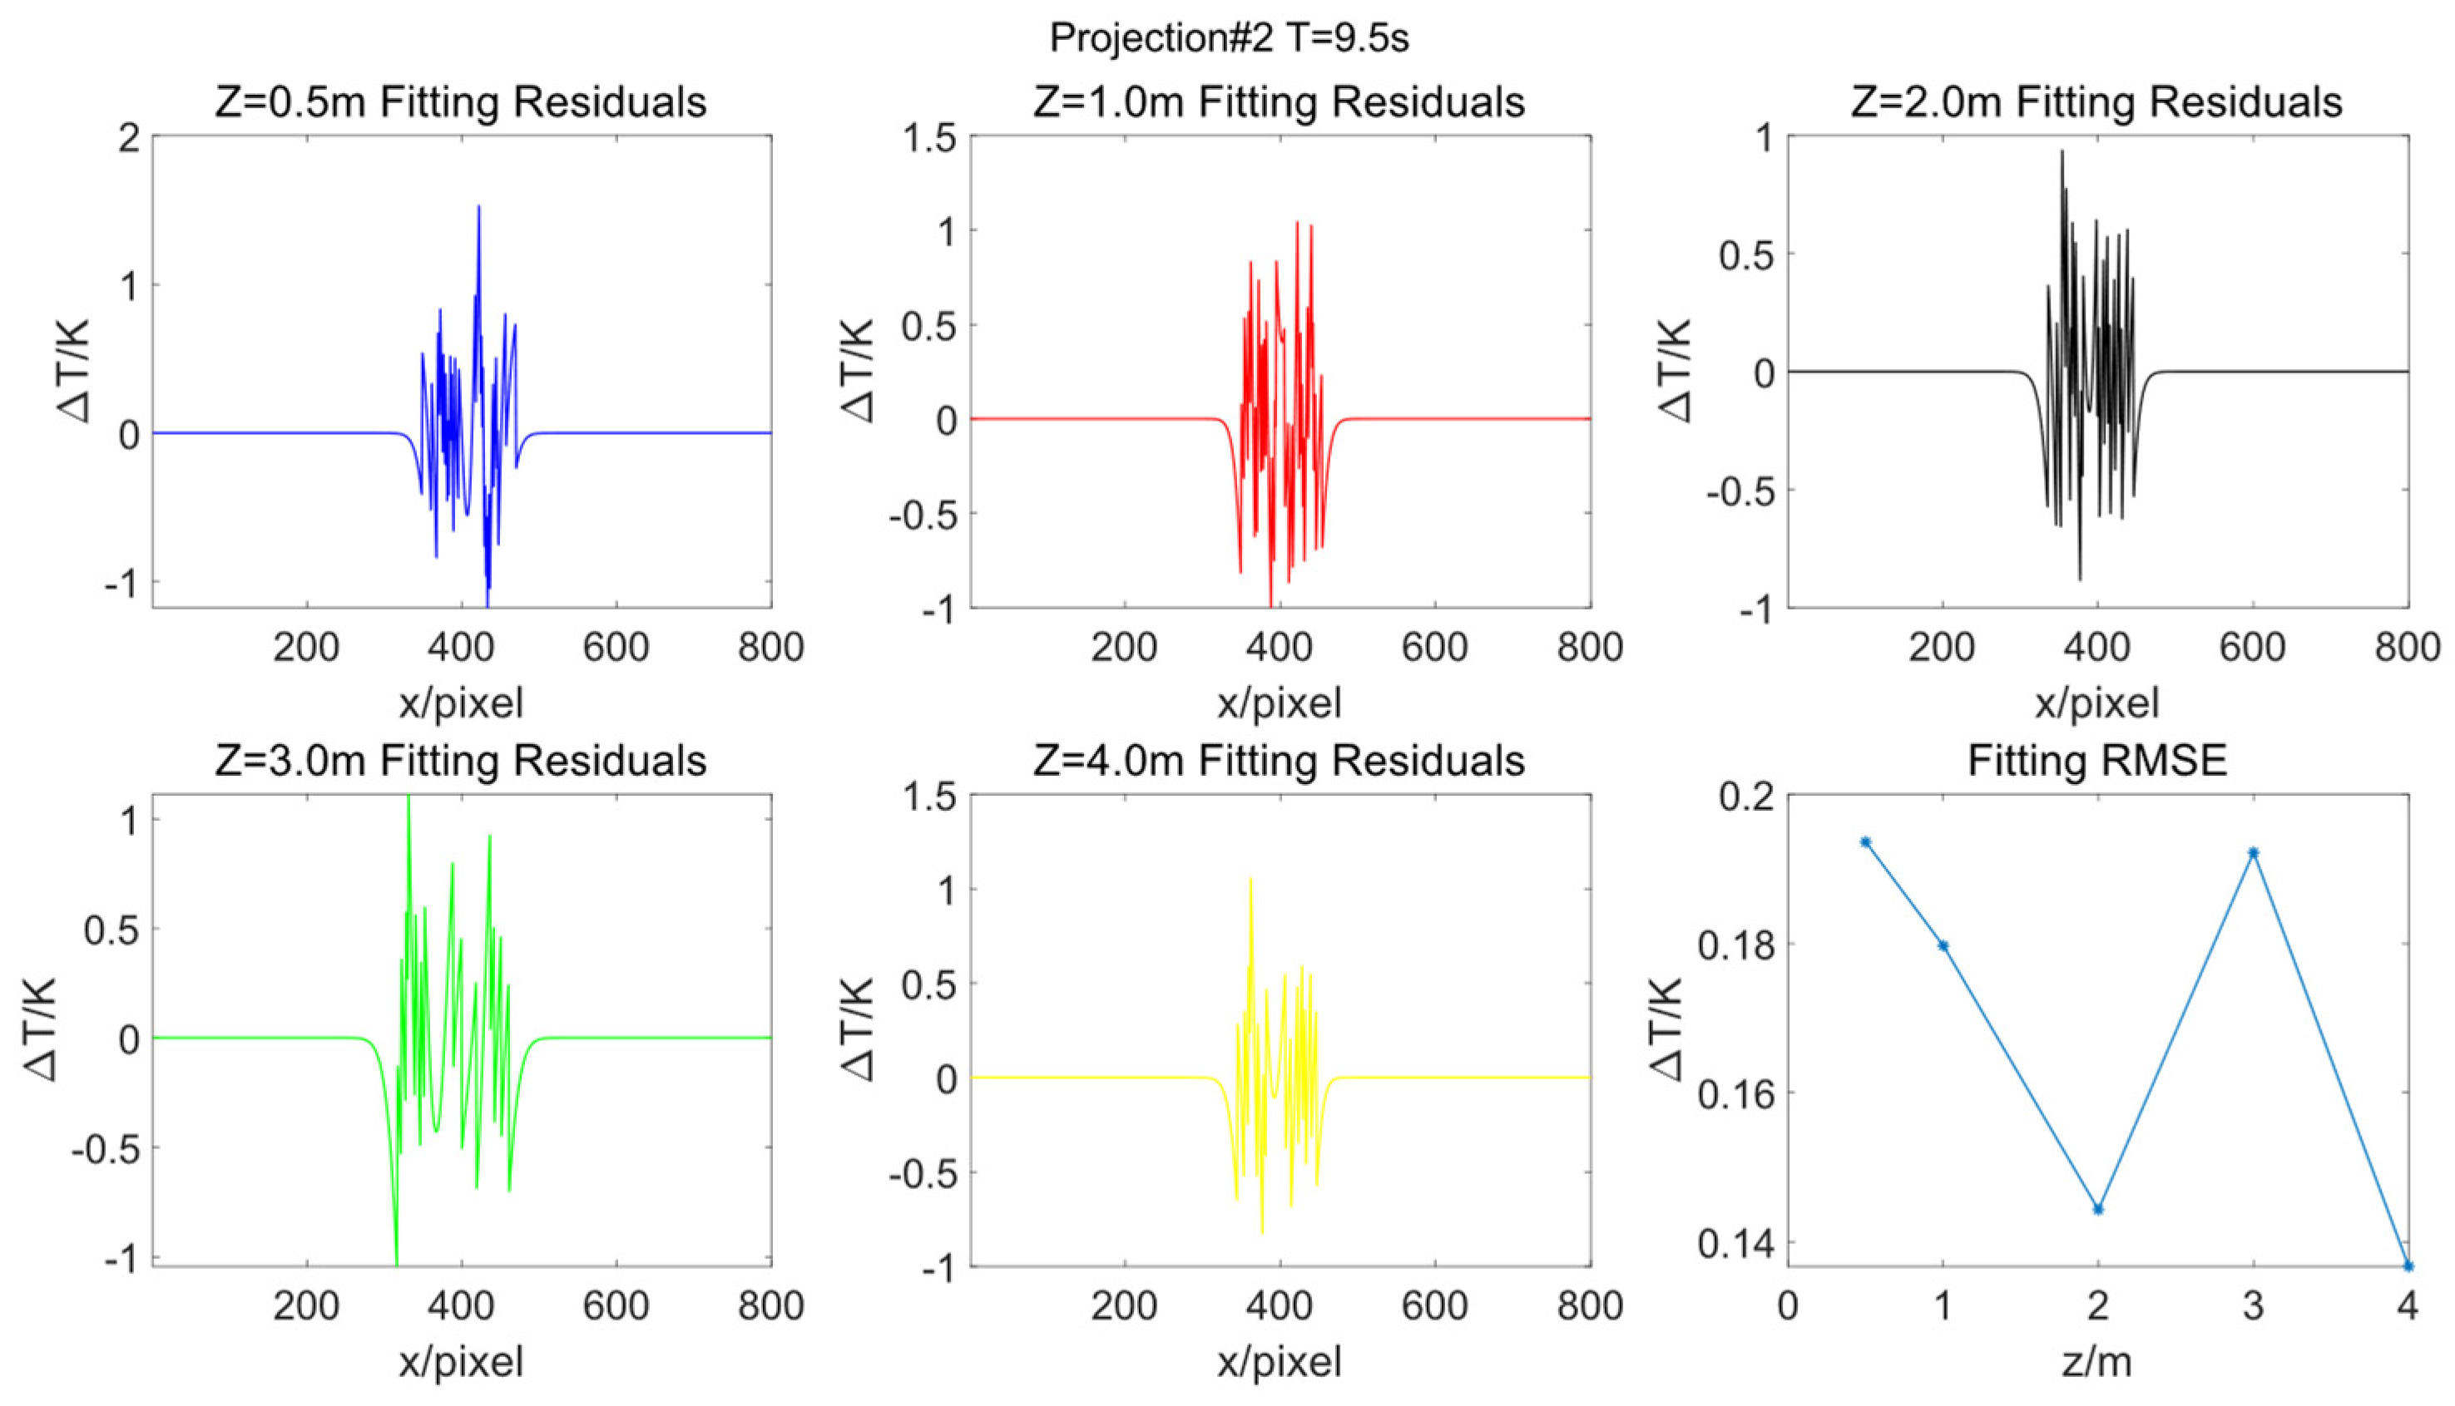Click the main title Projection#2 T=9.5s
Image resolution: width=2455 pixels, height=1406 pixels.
(1228, 37)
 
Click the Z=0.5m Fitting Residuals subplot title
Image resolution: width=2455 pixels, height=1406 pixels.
(460, 102)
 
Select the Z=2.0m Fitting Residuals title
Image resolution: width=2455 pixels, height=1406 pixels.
(2096, 102)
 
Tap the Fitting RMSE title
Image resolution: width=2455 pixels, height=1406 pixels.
(2096, 762)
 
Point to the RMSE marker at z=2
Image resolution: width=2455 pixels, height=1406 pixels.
(2097, 1209)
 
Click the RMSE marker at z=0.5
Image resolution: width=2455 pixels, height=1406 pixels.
(1866, 842)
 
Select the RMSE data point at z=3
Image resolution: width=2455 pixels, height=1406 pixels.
(2253, 853)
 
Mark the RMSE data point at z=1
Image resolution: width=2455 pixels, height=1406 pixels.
(1943, 946)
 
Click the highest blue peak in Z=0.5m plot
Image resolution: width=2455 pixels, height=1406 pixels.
(478, 208)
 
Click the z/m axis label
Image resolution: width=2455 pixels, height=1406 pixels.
(2096, 1362)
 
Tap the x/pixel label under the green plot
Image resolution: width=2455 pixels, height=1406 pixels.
(461, 1362)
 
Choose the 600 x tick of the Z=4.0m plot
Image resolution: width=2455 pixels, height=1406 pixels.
(1435, 1306)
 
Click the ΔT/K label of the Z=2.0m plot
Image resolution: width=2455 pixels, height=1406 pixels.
(1675, 371)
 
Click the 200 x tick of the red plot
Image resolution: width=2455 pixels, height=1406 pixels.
(1125, 647)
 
